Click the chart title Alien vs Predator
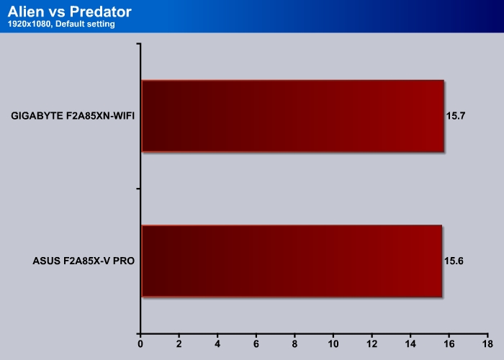click(x=69, y=12)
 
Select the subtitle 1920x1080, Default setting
click(x=61, y=24)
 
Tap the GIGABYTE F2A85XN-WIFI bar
click(x=293, y=116)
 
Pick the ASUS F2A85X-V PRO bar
click(x=292, y=261)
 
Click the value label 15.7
click(x=456, y=116)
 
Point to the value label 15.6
click(x=454, y=261)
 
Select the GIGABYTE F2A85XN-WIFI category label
click(x=73, y=116)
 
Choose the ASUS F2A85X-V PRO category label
click(x=84, y=261)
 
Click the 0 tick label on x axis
click(x=140, y=344)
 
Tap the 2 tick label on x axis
click(x=179, y=344)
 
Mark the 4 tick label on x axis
click(x=217, y=344)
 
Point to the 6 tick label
click(x=256, y=344)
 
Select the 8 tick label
click(x=294, y=344)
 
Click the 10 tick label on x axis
click(x=333, y=344)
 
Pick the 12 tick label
click(x=372, y=344)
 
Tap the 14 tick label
click(x=410, y=344)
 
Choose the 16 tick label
click(x=449, y=344)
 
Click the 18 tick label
click(x=487, y=344)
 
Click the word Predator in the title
click(x=101, y=12)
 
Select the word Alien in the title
click(x=26, y=12)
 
